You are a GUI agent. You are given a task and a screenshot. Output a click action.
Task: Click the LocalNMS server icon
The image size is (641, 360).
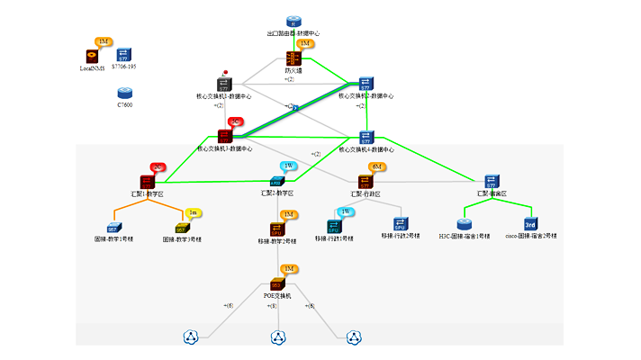pyautogui.click(x=92, y=56)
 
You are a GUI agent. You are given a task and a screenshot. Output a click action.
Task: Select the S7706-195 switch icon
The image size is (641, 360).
pyautogui.click(x=124, y=55)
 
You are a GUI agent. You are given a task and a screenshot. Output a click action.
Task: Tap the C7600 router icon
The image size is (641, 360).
pyautogui.click(x=124, y=93)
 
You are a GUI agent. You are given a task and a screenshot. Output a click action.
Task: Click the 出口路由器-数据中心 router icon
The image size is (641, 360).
pyautogui.click(x=293, y=22)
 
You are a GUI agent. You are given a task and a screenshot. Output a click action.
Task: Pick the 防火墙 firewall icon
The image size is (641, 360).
pyautogui.click(x=293, y=58)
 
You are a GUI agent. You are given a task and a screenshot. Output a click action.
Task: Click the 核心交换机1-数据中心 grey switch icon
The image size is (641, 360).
pyautogui.click(x=224, y=85)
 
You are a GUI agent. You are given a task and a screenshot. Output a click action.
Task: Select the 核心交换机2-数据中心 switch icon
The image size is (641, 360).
pyautogui.click(x=366, y=84)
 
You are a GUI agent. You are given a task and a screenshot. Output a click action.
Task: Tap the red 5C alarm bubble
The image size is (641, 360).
pyautogui.click(x=236, y=121)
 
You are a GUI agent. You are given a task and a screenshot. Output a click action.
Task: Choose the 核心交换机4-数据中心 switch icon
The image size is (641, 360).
pyautogui.click(x=366, y=137)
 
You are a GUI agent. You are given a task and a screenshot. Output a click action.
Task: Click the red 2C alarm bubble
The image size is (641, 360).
pyautogui.click(x=158, y=166)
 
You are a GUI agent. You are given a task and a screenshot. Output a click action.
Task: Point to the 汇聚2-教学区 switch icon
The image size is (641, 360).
pyautogui.click(x=277, y=183)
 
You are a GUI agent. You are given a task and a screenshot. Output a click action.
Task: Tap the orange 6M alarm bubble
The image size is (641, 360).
pyautogui.click(x=378, y=166)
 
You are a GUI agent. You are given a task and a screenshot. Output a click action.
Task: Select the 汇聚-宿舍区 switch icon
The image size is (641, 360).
pyautogui.click(x=492, y=182)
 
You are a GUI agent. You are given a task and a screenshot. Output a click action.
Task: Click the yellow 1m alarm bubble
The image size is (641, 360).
pyautogui.click(x=192, y=212)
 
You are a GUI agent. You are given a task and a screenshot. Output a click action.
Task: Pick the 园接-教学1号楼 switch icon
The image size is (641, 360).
pyautogui.click(x=113, y=228)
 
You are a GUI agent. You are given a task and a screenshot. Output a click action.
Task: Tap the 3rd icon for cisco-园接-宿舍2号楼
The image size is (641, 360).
pyautogui.click(x=530, y=224)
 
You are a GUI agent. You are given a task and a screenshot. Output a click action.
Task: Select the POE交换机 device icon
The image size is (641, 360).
pyautogui.click(x=277, y=283)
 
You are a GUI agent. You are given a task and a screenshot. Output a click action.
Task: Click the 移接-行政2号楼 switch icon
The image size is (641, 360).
pyautogui.click(x=400, y=225)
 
